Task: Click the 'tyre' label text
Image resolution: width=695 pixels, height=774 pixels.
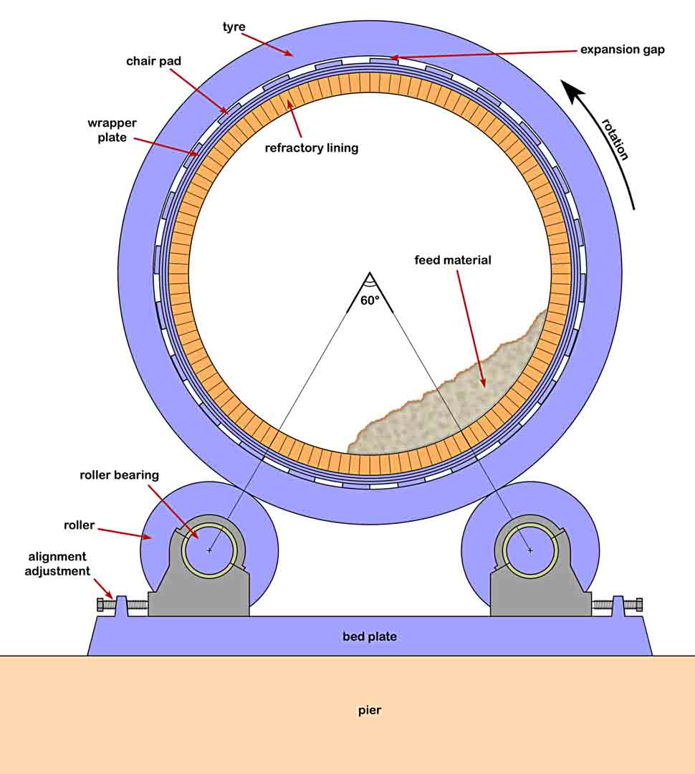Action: [x=234, y=27]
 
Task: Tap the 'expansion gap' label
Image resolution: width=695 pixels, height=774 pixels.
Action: [x=622, y=49]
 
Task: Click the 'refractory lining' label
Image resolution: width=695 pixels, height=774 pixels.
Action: [x=311, y=148]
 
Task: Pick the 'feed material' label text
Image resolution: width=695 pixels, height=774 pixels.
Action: [x=453, y=260]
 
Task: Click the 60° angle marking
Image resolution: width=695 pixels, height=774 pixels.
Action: [x=369, y=301]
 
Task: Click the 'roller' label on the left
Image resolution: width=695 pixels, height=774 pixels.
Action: [x=79, y=525]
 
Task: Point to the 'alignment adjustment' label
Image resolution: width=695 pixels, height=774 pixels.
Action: [x=57, y=564]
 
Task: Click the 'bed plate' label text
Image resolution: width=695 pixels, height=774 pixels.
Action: [x=370, y=636]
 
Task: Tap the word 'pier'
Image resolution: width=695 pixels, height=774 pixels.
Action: [x=370, y=711]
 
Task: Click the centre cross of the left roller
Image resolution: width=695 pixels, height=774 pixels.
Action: [x=208, y=550]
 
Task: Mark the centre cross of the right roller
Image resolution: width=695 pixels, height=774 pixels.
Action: [x=530, y=550]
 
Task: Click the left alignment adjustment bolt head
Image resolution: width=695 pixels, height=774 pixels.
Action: [x=101, y=605]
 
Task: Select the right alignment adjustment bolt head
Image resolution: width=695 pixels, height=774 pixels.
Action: [x=638, y=605]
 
